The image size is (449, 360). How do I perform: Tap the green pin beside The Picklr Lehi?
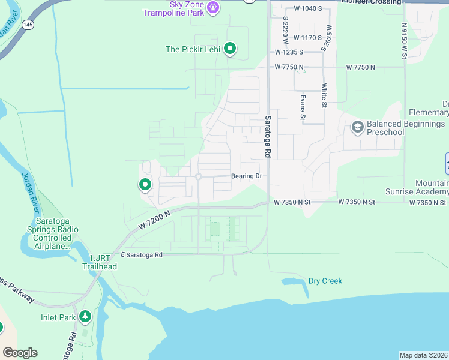point(229,49)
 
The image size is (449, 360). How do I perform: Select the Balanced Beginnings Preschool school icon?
point(357,127)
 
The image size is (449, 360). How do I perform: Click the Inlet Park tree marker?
point(85,316)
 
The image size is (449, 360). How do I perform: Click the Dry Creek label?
point(325,281)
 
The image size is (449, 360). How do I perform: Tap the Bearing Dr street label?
point(247,176)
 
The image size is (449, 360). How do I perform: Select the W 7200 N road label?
point(154,219)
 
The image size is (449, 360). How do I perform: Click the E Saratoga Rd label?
point(142,255)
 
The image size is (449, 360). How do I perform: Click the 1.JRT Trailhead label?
point(100,262)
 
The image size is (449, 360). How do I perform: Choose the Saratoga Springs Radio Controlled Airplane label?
point(53,234)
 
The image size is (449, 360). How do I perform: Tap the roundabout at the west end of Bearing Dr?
point(198,176)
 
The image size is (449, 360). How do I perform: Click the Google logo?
point(20,353)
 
